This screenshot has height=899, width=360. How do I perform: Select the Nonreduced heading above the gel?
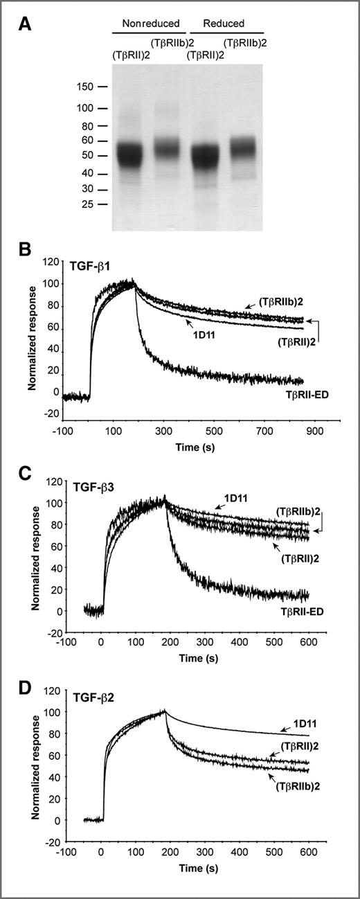pyautogui.click(x=150, y=24)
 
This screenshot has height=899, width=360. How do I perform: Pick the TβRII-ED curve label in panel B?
pyautogui.click(x=307, y=392)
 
